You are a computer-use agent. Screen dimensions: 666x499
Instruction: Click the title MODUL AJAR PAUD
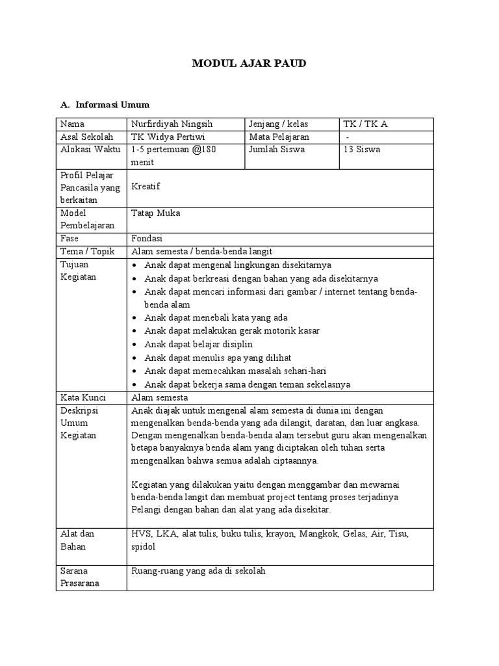(249, 64)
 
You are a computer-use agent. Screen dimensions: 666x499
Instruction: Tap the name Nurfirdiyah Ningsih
(172, 124)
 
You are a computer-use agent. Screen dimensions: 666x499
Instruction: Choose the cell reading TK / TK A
(366, 124)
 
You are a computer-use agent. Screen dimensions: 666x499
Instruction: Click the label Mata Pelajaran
(279, 137)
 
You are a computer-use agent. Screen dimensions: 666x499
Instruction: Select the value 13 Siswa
(363, 150)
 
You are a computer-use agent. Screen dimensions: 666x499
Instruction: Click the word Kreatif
(146, 187)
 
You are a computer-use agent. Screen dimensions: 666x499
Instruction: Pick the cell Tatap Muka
(156, 213)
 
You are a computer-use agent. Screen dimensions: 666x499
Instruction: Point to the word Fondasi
(147, 239)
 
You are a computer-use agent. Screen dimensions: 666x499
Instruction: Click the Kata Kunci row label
(83, 397)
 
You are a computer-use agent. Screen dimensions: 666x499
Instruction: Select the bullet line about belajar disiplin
(198, 344)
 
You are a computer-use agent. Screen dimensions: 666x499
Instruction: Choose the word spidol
(144, 547)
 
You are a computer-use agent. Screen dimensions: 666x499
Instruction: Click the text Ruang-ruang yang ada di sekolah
(198, 571)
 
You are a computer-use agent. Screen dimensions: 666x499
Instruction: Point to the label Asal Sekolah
(86, 137)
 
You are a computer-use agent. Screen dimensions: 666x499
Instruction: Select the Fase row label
(70, 239)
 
